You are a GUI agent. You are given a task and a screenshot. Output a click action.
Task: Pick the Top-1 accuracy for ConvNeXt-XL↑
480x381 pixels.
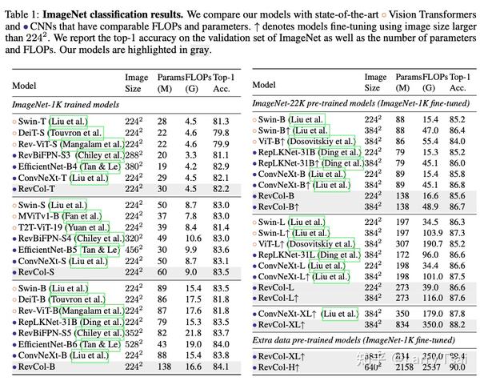[457, 314]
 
